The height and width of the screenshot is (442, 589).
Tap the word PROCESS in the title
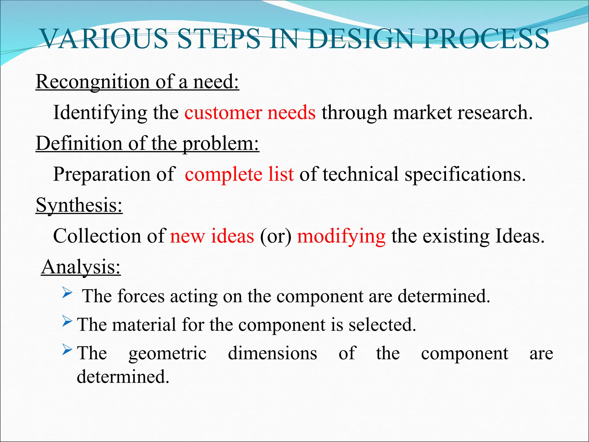click(486, 39)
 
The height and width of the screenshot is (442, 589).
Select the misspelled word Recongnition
click(92, 82)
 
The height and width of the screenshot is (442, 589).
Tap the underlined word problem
click(221, 144)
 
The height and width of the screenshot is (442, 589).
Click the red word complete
click(223, 174)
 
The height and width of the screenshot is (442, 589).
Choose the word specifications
click(465, 175)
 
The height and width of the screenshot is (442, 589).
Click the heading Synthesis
click(79, 205)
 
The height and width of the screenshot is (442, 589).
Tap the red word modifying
click(341, 237)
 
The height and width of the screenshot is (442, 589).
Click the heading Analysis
click(81, 267)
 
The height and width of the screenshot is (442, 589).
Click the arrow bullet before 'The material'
click(67, 321)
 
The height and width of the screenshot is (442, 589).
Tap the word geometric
click(167, 354)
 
